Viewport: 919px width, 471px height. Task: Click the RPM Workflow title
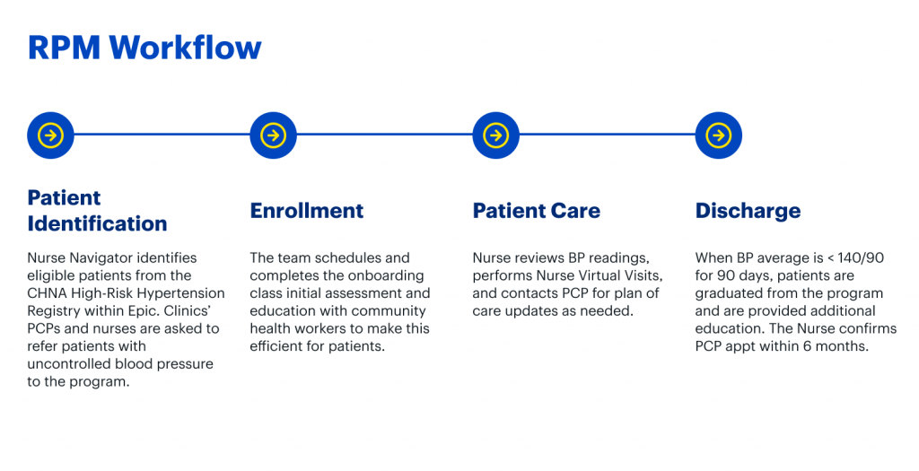pos(144,48)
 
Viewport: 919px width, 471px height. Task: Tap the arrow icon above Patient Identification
pos(50,135)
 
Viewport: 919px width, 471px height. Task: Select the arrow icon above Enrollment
pos(273,135)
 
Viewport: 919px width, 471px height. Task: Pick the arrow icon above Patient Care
pos(495,135)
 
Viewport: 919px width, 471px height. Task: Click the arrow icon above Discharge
pos(719,135)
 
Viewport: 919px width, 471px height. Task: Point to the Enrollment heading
pos(307,211)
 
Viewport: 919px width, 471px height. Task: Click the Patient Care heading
pos(537,211)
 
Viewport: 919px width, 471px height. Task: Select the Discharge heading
pos(748,212)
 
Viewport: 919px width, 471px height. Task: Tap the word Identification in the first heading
pos(97,223)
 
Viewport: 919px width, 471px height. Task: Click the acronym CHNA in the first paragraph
pos(45,293)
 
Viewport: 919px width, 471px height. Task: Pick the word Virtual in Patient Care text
pos(583,275)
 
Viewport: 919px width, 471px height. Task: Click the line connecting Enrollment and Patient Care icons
pos(384,135)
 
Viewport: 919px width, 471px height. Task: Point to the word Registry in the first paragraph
pos(50,311)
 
